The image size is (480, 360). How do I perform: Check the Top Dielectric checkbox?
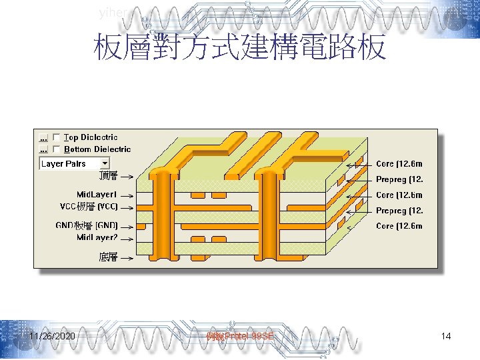tap(57, 137)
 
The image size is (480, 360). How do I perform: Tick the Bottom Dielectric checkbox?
tap(57, 149)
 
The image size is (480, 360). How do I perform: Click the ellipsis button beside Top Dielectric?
tap(43, 137)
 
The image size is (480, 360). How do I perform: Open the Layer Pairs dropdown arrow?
tap(105, 163)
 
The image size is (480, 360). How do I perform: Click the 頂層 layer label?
tap(108, 176)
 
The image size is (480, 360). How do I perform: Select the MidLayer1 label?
tap(97, 195)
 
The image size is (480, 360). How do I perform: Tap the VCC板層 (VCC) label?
tap(89, 206)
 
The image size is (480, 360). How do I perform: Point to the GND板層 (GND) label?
tap(87, 226)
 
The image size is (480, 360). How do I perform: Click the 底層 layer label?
tap(108, 257)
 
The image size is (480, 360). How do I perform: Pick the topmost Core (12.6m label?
tap(399, 164)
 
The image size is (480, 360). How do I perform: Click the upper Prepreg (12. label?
tap(399, 179)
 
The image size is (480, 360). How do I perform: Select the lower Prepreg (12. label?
tap(399, 211)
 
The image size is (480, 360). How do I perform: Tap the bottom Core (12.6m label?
tap(399, 226)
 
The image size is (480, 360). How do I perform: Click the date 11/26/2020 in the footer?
tap(52, 337)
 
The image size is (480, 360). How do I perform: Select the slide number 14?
tap(446, 337)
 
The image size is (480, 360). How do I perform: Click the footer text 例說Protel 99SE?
tap(241, 337)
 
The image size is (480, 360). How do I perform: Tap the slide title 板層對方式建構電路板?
tap(240, 49)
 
